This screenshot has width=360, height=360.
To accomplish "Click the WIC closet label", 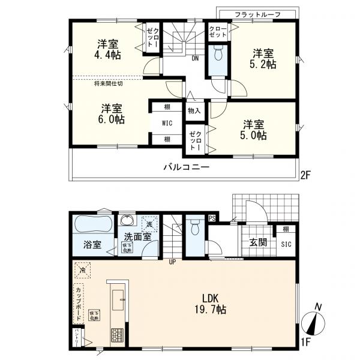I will pyautogui.click(x=167, y=123).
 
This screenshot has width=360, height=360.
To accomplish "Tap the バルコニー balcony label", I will pyautogui.click(x=186, y=167).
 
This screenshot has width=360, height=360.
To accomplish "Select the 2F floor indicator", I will pyautogui.click(x=306, y=175).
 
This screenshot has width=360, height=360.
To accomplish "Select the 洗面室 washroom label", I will pyautogui.click(x=137, y=236).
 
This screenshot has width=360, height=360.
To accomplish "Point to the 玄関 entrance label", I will pyautogui.click(x=259, y=242).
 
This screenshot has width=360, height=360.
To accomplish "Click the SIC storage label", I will pyautogui.click(x=286, y=242).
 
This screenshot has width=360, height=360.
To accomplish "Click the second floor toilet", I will pyautogui.click(x=218, y=54).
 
